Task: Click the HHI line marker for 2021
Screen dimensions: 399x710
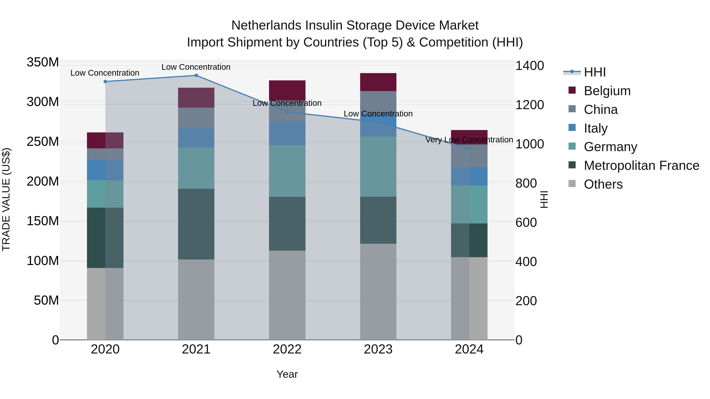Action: [x=196, y=75]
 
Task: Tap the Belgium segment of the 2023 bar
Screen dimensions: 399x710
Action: [x=378, y=82]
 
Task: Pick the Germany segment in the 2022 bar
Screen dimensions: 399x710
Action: [x=287, y=171]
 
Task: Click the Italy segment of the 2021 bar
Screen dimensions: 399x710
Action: [x=196, y=138]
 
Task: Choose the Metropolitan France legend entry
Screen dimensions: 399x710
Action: [x=641, y=166]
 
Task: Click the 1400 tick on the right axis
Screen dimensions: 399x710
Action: [x=530, y=66]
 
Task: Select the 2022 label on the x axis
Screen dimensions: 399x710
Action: [x=287, y=349]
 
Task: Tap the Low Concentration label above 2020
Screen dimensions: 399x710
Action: [x=105, y=73]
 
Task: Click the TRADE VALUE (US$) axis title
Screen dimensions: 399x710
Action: [x=6, y=199]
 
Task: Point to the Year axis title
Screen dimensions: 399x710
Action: [x=287, y=374]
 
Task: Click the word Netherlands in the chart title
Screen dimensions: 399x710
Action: [x=266, y=25]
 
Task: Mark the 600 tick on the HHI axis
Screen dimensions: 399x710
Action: [x=526, y=222]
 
